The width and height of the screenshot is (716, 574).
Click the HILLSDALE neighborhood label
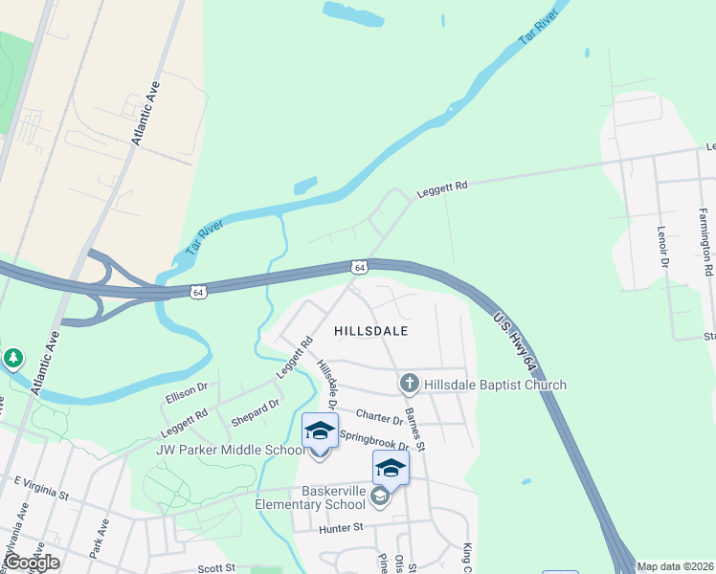(371, 331)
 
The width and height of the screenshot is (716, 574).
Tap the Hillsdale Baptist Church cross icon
(409, 385)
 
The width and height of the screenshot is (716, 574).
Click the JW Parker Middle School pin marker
(320, 432)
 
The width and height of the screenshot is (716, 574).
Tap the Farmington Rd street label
(706, 234)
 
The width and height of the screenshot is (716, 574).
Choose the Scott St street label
(216, 567)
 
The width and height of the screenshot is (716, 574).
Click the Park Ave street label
(102, 533)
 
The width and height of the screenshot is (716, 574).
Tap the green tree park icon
(12, 359)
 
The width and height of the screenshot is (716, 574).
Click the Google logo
(32, 563)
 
